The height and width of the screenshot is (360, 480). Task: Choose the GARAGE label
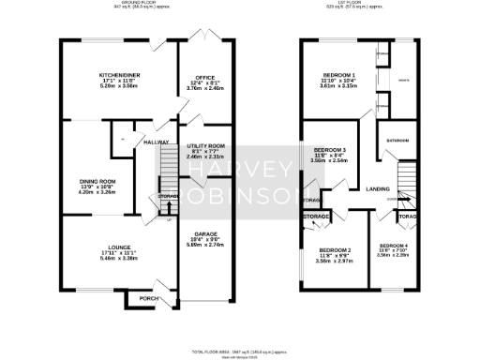(x=205, y=232)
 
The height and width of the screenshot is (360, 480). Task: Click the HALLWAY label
(x=156, y=142)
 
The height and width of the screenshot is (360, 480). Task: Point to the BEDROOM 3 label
(x=330, y=150)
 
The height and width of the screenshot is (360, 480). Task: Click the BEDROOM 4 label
(x=393, y=244)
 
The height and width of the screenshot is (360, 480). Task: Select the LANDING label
(x=378, y=188)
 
